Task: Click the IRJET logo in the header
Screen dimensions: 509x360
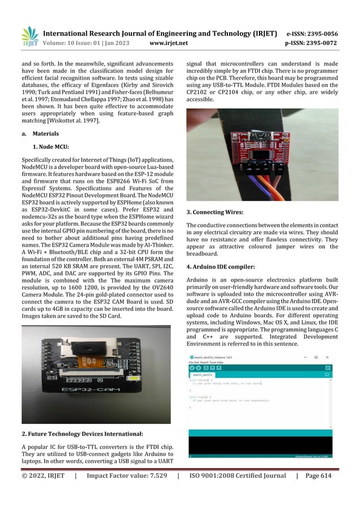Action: (29, 35)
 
